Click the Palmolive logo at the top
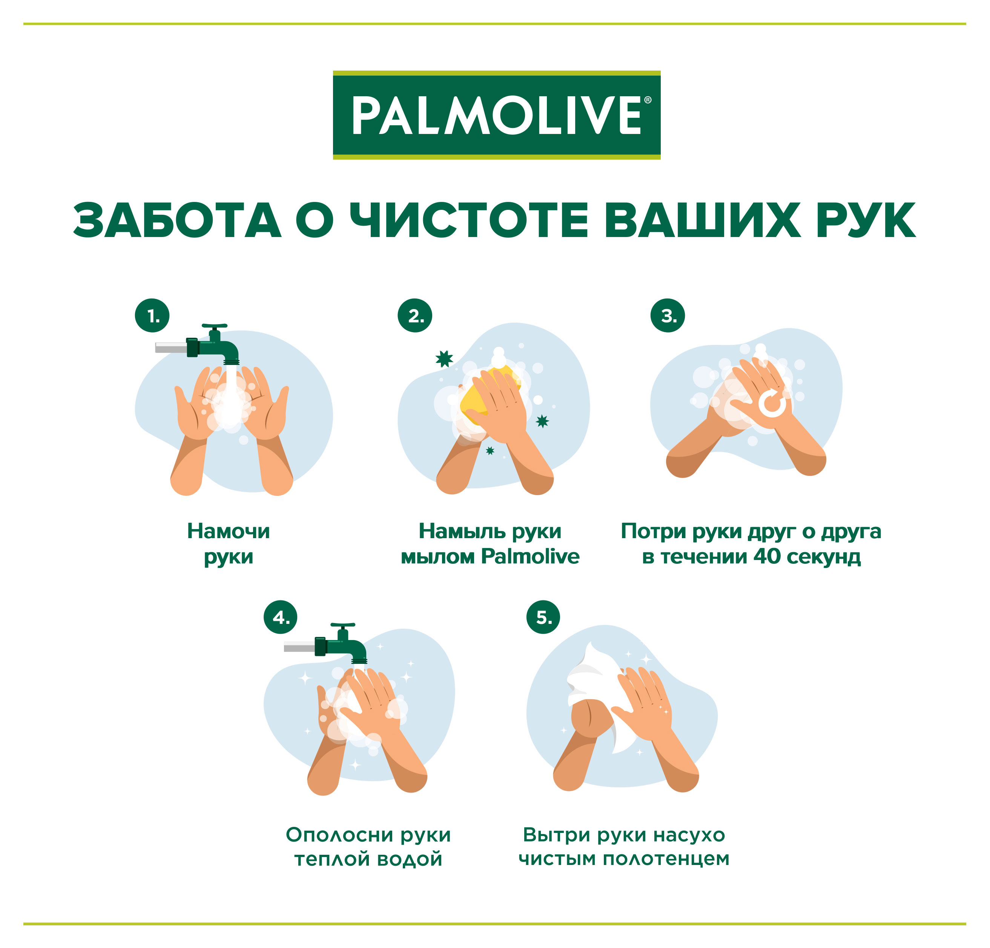pyautogui.click(x=497, y=115)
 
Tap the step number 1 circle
pyautogui.click(x=152, y=316)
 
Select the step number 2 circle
pyautogui.click(x=415, y=316)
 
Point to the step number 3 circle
pyautogui.click(x=668, y=316)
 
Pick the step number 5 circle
pyautogui.click(x=543, y=617)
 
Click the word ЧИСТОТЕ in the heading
pyautogui.click(x=470, y=220)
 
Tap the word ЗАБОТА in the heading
pyautogui.click(x=177, y=220)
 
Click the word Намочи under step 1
pyautogui.click(x=228, y=531)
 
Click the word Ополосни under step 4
pyautogui.click(x=340, y=835)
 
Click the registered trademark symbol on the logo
pyautogui.click(x=648, y=100)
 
